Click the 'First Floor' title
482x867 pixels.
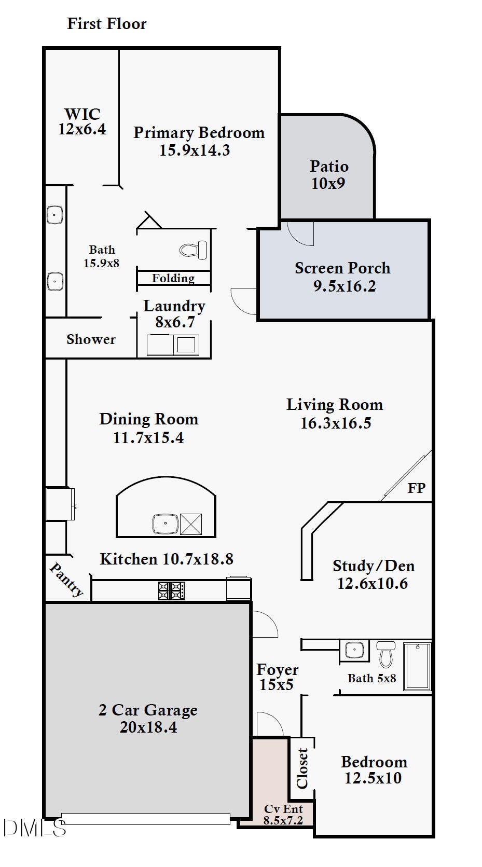tap(107, 24)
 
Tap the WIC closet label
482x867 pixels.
tap(82, 114)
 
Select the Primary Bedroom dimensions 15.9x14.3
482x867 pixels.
tap(195, 150)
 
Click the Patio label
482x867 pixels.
tap(329, 167)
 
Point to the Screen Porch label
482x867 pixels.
tap(342, 268)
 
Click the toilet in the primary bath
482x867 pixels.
tap(193, 250)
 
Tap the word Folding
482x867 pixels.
tap(173, 278)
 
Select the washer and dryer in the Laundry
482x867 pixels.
tap(173, 345)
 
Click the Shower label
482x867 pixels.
tap(91, 339)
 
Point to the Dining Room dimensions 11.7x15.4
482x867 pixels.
tap(149, 438)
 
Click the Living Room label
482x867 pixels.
tap(335, 405)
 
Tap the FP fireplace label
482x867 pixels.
tap(417, 488)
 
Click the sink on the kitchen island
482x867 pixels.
tap(166, 524)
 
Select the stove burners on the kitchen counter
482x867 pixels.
tap(172, 591)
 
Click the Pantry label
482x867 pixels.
tap(66, 580)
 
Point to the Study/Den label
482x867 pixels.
tap(374, 566)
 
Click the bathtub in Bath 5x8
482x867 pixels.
tap(417, 666)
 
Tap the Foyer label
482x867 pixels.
tap(277, 670)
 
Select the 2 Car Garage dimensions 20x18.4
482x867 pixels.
tap(149, 727)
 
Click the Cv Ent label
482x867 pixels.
tap(283, 808)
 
